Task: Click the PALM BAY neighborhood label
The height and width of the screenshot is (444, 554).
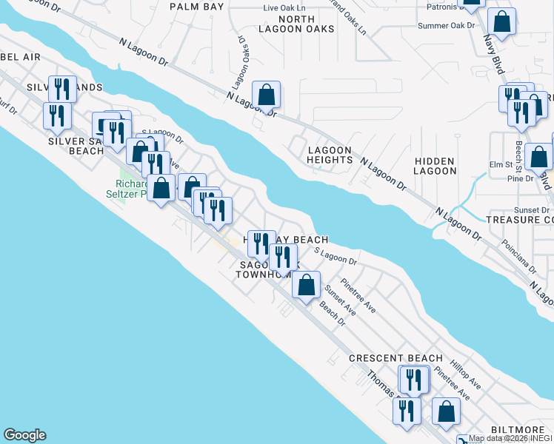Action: [196, 6]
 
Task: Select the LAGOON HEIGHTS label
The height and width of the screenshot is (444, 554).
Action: [330, 155]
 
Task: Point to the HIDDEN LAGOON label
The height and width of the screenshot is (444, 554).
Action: [435, 165]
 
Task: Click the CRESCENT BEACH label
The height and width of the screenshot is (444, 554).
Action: [396, 358]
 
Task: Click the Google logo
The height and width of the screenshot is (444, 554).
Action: [24, 435]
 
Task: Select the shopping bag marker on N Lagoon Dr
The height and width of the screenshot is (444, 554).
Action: [266, 95]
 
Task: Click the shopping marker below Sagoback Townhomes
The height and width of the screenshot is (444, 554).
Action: [306, 285]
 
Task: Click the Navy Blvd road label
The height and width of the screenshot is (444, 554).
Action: [494, 55]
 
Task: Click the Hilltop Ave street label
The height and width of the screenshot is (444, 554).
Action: [465, 377]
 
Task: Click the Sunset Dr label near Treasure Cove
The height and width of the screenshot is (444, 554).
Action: [534, 210]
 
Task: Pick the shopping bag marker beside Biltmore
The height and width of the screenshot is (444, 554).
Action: [446, 413]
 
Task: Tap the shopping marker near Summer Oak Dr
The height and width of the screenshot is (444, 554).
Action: [501, 22]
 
